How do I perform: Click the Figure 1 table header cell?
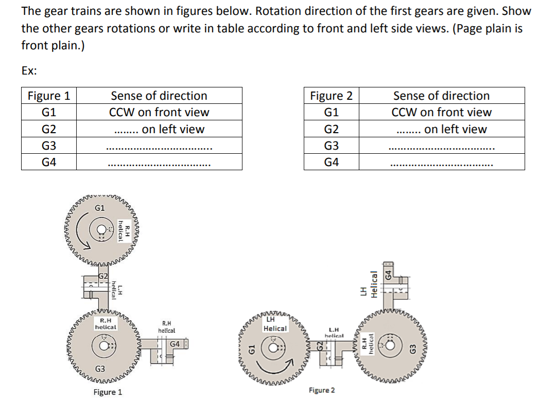(49, 96)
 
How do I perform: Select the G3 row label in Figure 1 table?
(49, 146)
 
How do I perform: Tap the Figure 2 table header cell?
(331, 96)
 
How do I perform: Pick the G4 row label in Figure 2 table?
(331, 162)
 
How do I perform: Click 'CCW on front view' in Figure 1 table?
(159, 112)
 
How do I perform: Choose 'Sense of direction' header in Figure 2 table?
(441, 96)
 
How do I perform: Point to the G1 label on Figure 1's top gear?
(100, 208)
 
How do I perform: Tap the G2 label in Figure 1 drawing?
(103, 277)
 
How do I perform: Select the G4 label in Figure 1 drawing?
(175, 344)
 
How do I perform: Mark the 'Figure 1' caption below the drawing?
(108, 392)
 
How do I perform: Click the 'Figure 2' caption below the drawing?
(322, 390)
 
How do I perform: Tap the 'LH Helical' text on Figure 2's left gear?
(275, 324)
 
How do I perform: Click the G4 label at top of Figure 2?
(390, 272)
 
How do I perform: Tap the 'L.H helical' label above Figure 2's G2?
(333, 331)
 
